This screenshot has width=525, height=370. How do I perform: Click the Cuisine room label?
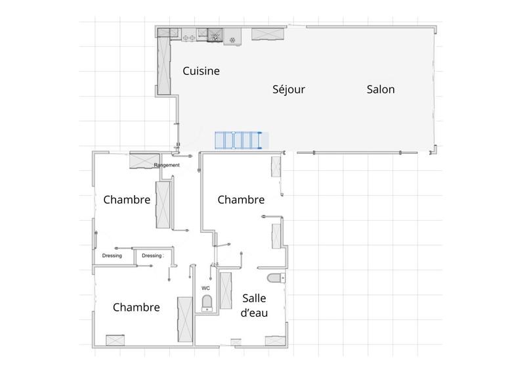point(201,71)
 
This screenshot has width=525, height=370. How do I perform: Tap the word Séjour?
point(289,89)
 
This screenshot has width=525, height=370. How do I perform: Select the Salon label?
point(381,89)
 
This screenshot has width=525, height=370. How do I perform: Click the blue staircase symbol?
point(240,141)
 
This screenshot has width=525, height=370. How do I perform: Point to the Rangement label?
point(167,165)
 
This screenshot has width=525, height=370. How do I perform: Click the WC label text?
point(205,288)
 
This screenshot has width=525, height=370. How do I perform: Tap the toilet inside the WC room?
point(207,303)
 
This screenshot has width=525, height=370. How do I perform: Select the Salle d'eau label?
point(253,305)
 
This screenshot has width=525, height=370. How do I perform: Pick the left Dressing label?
point(112,256)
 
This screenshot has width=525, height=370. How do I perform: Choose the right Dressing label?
point(152,256)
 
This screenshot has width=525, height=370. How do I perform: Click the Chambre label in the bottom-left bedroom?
point(136,307)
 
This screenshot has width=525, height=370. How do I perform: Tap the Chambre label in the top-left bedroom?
point(127,200)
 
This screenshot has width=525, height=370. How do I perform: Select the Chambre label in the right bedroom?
point(241,199)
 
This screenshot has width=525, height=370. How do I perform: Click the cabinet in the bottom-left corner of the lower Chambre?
point(115,340)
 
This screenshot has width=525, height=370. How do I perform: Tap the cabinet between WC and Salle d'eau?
point(227,290)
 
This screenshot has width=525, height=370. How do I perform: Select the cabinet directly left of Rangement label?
point(141,160)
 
